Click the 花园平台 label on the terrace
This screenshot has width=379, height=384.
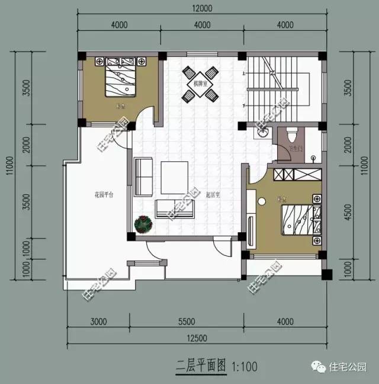104,194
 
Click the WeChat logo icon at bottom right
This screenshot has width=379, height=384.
320,367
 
